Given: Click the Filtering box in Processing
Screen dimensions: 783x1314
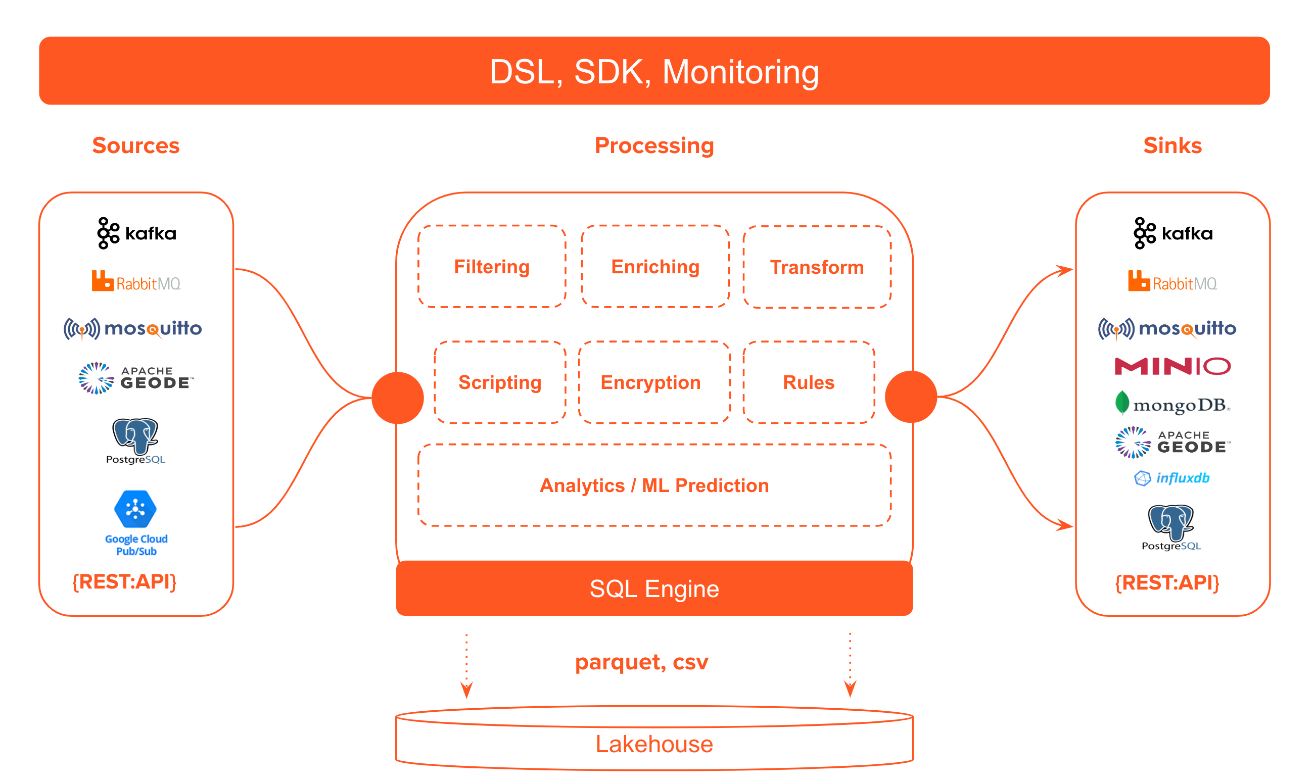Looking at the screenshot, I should pos(492,267).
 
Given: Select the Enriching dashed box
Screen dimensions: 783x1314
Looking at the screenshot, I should pos(655,267).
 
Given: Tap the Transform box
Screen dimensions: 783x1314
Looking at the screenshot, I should pos(817,268).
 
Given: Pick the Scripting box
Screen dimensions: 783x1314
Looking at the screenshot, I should pos(500,382).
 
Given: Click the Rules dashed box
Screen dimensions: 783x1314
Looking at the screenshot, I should pos(809,382).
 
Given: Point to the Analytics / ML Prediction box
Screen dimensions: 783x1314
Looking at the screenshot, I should pos(654,485).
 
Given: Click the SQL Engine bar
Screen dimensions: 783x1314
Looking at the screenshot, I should pos(654,589).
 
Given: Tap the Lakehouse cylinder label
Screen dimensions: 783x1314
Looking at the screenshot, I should pos(654,744).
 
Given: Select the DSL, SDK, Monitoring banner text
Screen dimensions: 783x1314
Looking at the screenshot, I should pos(654,72).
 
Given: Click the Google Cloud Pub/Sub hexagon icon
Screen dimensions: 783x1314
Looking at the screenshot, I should pos(135,509).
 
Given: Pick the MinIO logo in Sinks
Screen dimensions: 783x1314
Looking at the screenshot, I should pos(1172,366).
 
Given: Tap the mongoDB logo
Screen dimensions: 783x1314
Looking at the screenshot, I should pos(1172,405).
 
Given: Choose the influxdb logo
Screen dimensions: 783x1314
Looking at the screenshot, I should pos(1172,478).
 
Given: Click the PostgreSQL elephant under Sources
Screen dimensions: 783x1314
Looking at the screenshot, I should pos(135,436).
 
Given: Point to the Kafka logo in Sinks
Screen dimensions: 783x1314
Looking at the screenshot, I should pos(1173,233).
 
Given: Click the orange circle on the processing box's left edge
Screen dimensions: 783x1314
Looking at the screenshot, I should pos(398,398).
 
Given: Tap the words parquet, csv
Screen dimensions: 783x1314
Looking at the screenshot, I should pos(642,662).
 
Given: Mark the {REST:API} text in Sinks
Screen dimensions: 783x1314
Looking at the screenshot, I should pos(1167,582).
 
